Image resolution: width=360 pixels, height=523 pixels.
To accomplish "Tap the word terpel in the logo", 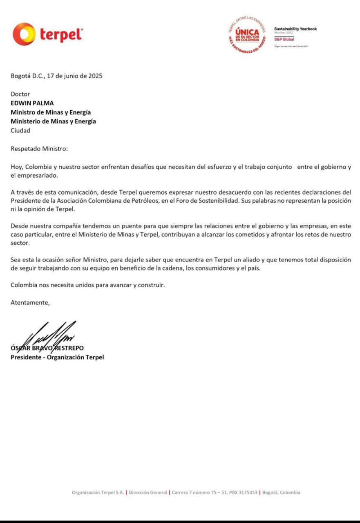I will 61,35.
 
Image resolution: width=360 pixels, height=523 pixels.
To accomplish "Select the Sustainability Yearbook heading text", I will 295,29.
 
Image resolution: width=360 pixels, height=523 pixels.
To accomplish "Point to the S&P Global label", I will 284,39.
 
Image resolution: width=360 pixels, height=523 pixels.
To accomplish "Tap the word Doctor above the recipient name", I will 20,94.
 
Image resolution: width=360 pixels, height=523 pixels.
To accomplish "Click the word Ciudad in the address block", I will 20,131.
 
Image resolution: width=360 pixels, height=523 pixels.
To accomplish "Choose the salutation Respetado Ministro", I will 39,149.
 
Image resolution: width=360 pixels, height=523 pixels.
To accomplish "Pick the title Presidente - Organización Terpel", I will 57,357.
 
